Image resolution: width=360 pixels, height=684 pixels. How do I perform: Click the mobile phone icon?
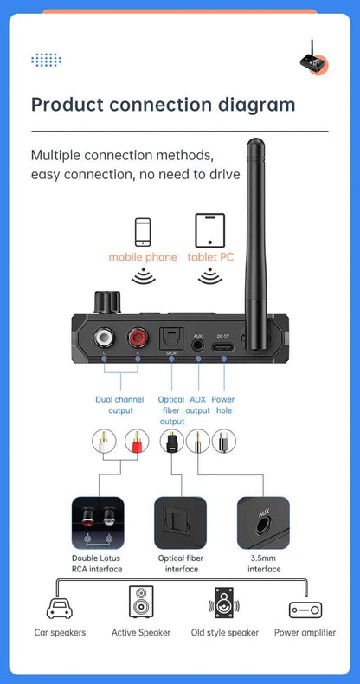coord(142,231)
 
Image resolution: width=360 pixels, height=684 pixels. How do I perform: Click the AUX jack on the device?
coord(198,343)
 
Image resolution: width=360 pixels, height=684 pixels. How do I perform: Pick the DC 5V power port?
coord(223,344)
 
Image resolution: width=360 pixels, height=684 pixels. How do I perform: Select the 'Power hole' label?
coord(224,404)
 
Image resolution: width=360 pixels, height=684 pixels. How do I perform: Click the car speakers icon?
coord(60,608)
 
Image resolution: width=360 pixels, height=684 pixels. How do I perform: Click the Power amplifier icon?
coord(305,610)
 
